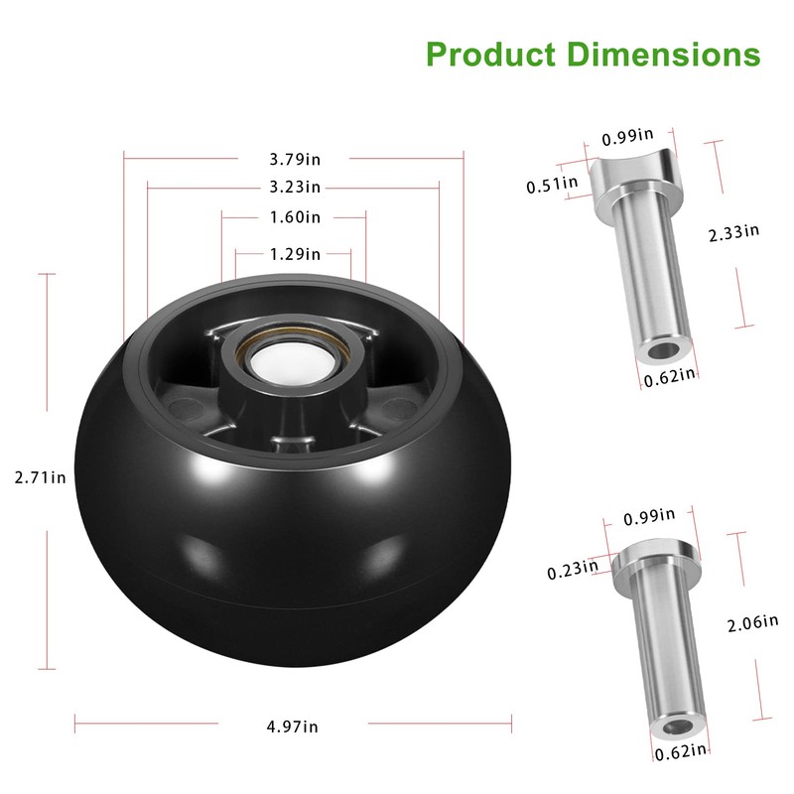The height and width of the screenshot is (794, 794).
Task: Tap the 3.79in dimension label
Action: click(295, 158)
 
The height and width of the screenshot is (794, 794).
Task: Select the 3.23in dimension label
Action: click(295, 187)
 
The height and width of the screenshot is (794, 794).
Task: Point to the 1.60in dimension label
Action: click(295, 216)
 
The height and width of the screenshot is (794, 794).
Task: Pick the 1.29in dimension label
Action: click(295, 254)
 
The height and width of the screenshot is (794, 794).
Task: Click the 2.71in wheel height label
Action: click(40, 477)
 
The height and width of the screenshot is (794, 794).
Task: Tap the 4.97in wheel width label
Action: click(293, 727)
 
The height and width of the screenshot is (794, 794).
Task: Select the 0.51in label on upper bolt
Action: click(552, 184)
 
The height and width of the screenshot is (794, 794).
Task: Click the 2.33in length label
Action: click(733, 232)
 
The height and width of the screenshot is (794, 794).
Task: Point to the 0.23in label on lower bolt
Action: click(573, 570)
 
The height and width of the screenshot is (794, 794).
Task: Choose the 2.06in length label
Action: click(752, 623)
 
